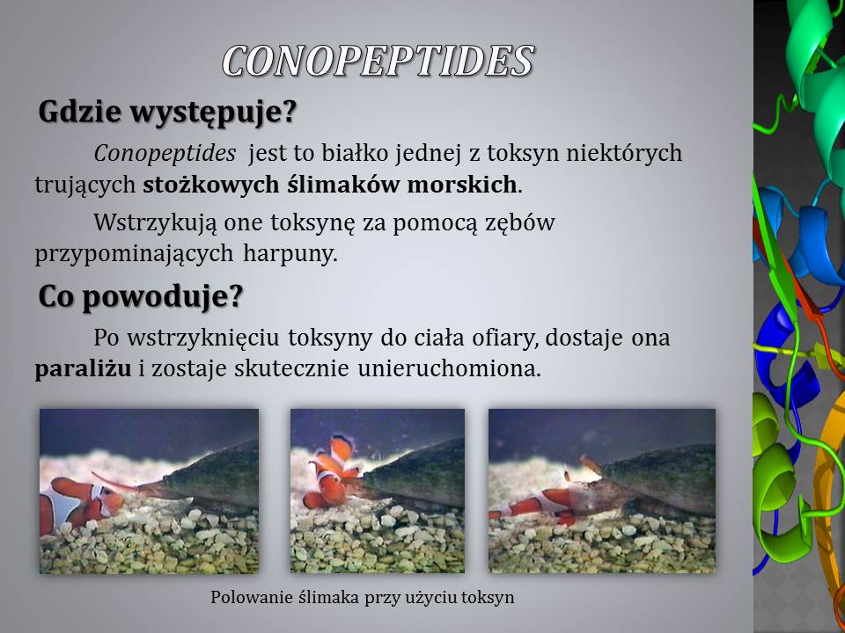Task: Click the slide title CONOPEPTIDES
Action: click(378, 61)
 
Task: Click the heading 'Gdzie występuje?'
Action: click(167, 112)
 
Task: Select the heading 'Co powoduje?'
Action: click(141, 295)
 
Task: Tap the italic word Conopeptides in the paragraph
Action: click(165, 153)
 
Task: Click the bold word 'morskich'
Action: click(462, 185)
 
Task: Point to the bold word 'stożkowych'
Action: click(210, 186)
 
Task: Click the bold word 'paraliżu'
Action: click(83, 369)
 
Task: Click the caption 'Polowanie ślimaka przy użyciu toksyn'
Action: click(362, 598)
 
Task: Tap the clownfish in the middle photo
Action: click(333, 474)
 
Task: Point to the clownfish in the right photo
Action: click(539, 506)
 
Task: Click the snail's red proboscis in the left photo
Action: click(116, 483)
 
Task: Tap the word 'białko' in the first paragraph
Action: click(355, 153)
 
